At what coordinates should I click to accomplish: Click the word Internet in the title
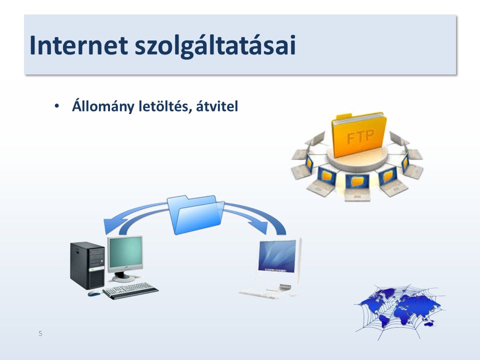[x=78, y=45]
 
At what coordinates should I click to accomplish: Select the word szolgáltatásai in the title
[x=215, y=46]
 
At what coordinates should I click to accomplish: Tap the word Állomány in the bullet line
[x=103, y=106]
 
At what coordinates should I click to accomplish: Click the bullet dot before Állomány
[x=56, y=106]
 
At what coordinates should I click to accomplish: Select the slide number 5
[x=40, y=333]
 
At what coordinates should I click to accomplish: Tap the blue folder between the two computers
[x=196, y=214]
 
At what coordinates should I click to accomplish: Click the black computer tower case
[x=87, y=265]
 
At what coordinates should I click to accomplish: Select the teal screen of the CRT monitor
[x=125, y=252]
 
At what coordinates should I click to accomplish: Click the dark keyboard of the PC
[x=130, y=290]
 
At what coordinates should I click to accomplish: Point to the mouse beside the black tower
[x=93, y=293]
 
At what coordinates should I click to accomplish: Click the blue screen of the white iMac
[x=277, y=256]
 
